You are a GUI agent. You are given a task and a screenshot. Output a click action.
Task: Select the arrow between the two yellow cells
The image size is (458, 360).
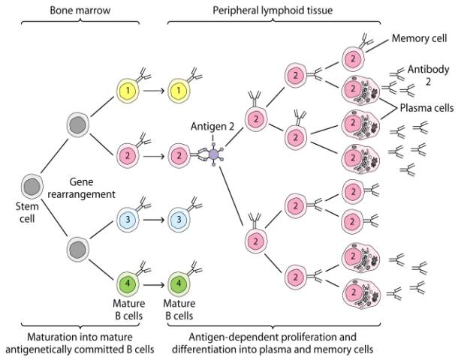point(154,91)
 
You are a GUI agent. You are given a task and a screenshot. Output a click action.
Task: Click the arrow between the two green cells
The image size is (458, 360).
point(154,285)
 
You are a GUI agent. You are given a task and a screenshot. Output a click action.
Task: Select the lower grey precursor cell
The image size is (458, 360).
point(77,247)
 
